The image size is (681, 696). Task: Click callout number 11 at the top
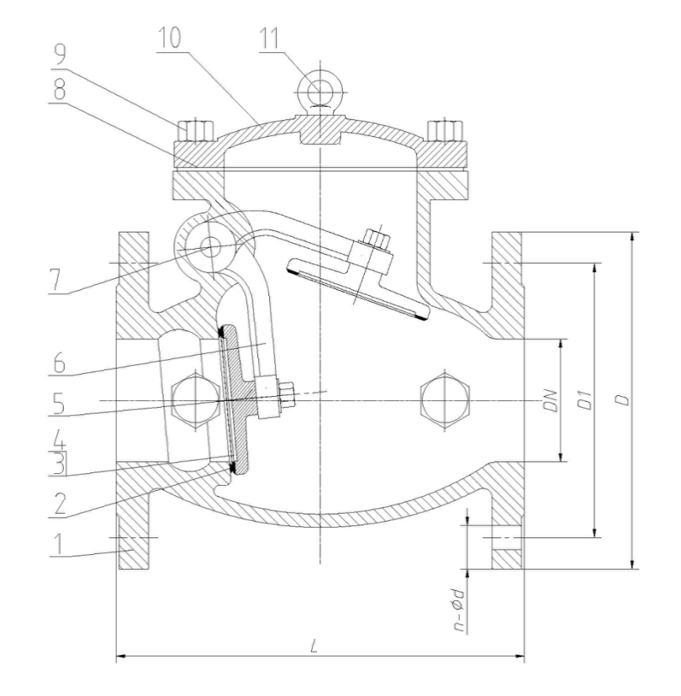pos(270,39)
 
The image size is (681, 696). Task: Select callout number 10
pos(169,37)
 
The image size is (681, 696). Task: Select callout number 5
pos(58,403)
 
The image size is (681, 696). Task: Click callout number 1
pos(57,543)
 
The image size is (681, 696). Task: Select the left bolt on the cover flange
pos(195,131)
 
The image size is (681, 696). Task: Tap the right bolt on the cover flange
pos(446,131)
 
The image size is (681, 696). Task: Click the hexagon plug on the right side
pos(445,401)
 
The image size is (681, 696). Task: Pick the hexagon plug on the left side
pos(195,401)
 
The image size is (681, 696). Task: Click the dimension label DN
pos(551,400)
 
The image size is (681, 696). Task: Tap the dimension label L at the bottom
pos(314,646)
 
